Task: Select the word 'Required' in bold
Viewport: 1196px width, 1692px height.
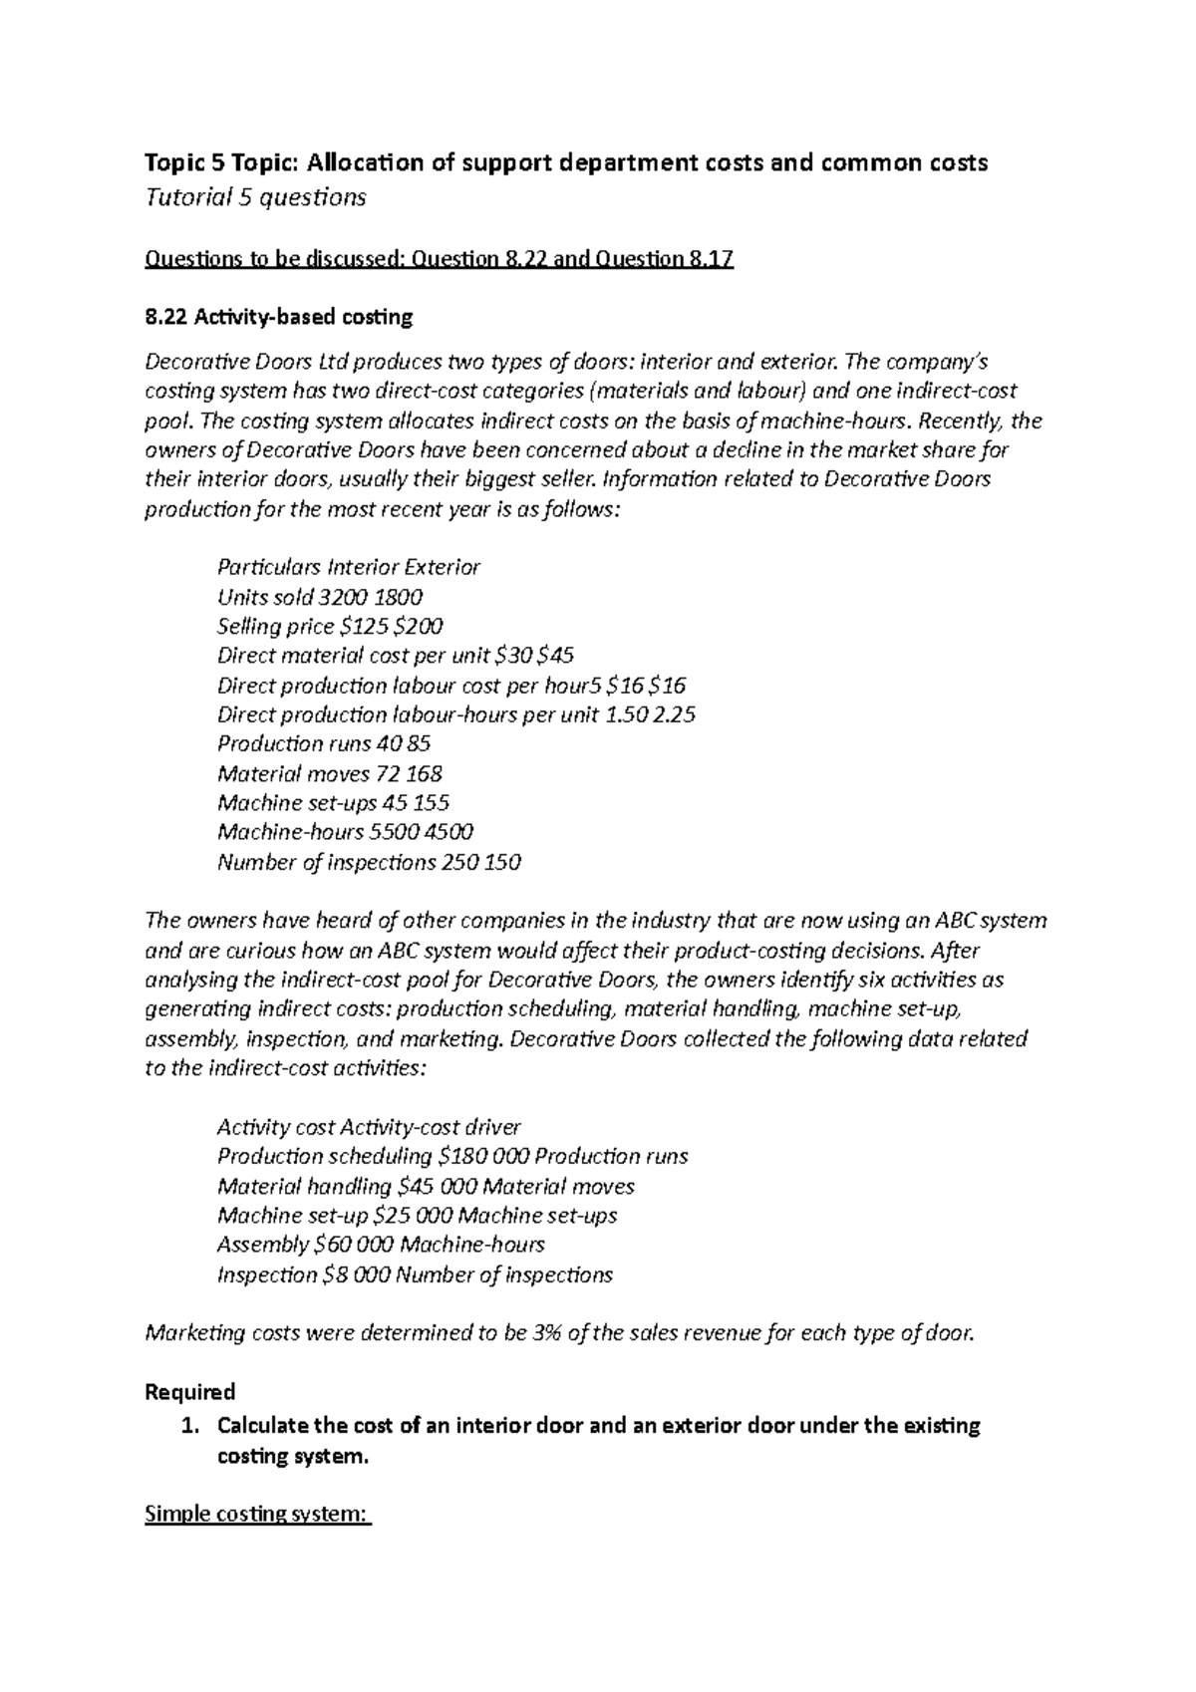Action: point(189,1391)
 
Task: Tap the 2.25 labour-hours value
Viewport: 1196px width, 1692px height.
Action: point(673,714)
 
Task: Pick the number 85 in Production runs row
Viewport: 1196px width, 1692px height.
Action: point(419,743)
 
